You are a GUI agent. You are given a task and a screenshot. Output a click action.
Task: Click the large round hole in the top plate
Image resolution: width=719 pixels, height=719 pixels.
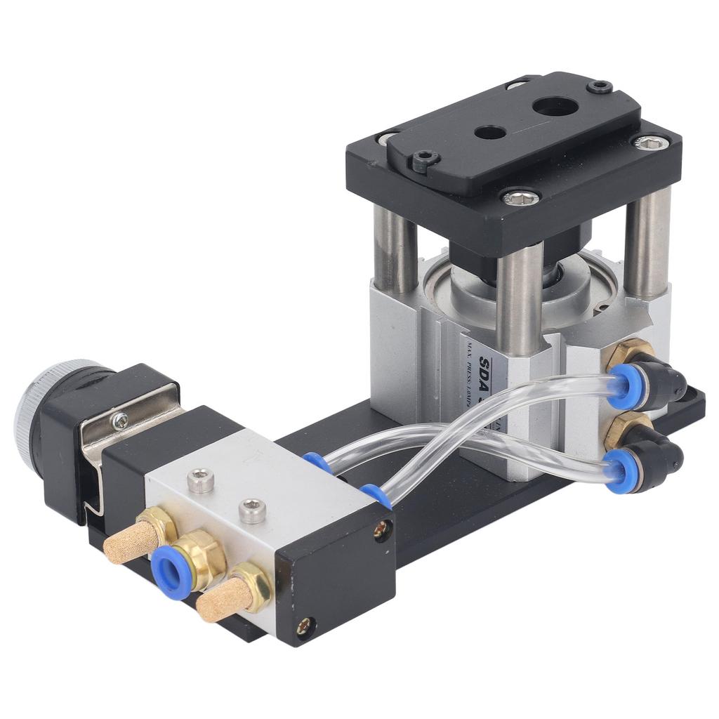[x=555, y=107]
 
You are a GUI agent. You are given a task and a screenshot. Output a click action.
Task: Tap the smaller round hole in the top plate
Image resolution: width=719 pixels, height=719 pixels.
[x=489, y=132]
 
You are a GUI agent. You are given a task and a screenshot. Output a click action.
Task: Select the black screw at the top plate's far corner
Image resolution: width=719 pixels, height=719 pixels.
[x=600, y=87]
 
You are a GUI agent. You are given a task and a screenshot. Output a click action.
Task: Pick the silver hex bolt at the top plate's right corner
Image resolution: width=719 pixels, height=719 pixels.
[x=648, y=142]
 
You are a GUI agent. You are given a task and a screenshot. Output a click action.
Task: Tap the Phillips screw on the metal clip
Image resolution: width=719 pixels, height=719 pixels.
[x=120, y=420]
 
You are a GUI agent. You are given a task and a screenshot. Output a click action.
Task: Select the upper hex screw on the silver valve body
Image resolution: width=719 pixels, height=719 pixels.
[x=202, y=481]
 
